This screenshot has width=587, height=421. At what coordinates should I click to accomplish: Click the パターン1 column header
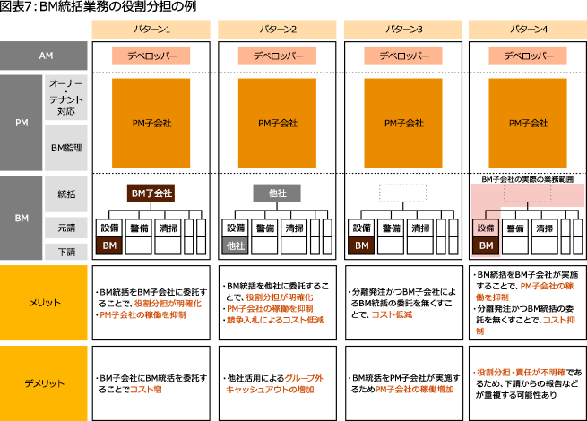point(151,29)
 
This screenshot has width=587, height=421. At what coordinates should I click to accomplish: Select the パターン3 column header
point(402,29)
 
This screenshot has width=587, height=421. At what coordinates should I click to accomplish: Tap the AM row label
point(46,56)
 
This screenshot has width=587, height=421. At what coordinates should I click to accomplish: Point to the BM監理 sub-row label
point(67,148)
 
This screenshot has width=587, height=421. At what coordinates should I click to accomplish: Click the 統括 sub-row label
point(67,193)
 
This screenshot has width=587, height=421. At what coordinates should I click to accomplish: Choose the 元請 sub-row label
point(67,228)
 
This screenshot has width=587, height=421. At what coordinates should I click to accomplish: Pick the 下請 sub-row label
point(67,252)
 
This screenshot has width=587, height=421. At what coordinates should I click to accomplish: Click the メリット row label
point(45,303)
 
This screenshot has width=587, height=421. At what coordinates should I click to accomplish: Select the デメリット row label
point(45,382)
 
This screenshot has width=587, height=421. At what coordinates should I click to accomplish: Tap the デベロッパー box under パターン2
point(277,56)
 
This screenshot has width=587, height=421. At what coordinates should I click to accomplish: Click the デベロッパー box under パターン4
point(528,56)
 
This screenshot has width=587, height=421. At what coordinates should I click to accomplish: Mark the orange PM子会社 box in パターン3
point(403,123)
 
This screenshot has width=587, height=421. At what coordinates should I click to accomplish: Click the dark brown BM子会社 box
point(151,193)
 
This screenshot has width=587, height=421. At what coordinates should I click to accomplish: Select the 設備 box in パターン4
point(485,228)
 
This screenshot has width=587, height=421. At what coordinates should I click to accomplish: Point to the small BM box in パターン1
point(108,245)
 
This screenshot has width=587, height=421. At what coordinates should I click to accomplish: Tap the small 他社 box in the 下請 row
point(235,245)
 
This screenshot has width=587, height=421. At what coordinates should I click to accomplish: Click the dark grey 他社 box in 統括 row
point(277,193)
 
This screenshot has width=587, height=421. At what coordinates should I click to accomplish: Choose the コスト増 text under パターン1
point(144,389)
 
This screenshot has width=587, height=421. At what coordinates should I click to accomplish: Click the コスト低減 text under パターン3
point(391,314)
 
